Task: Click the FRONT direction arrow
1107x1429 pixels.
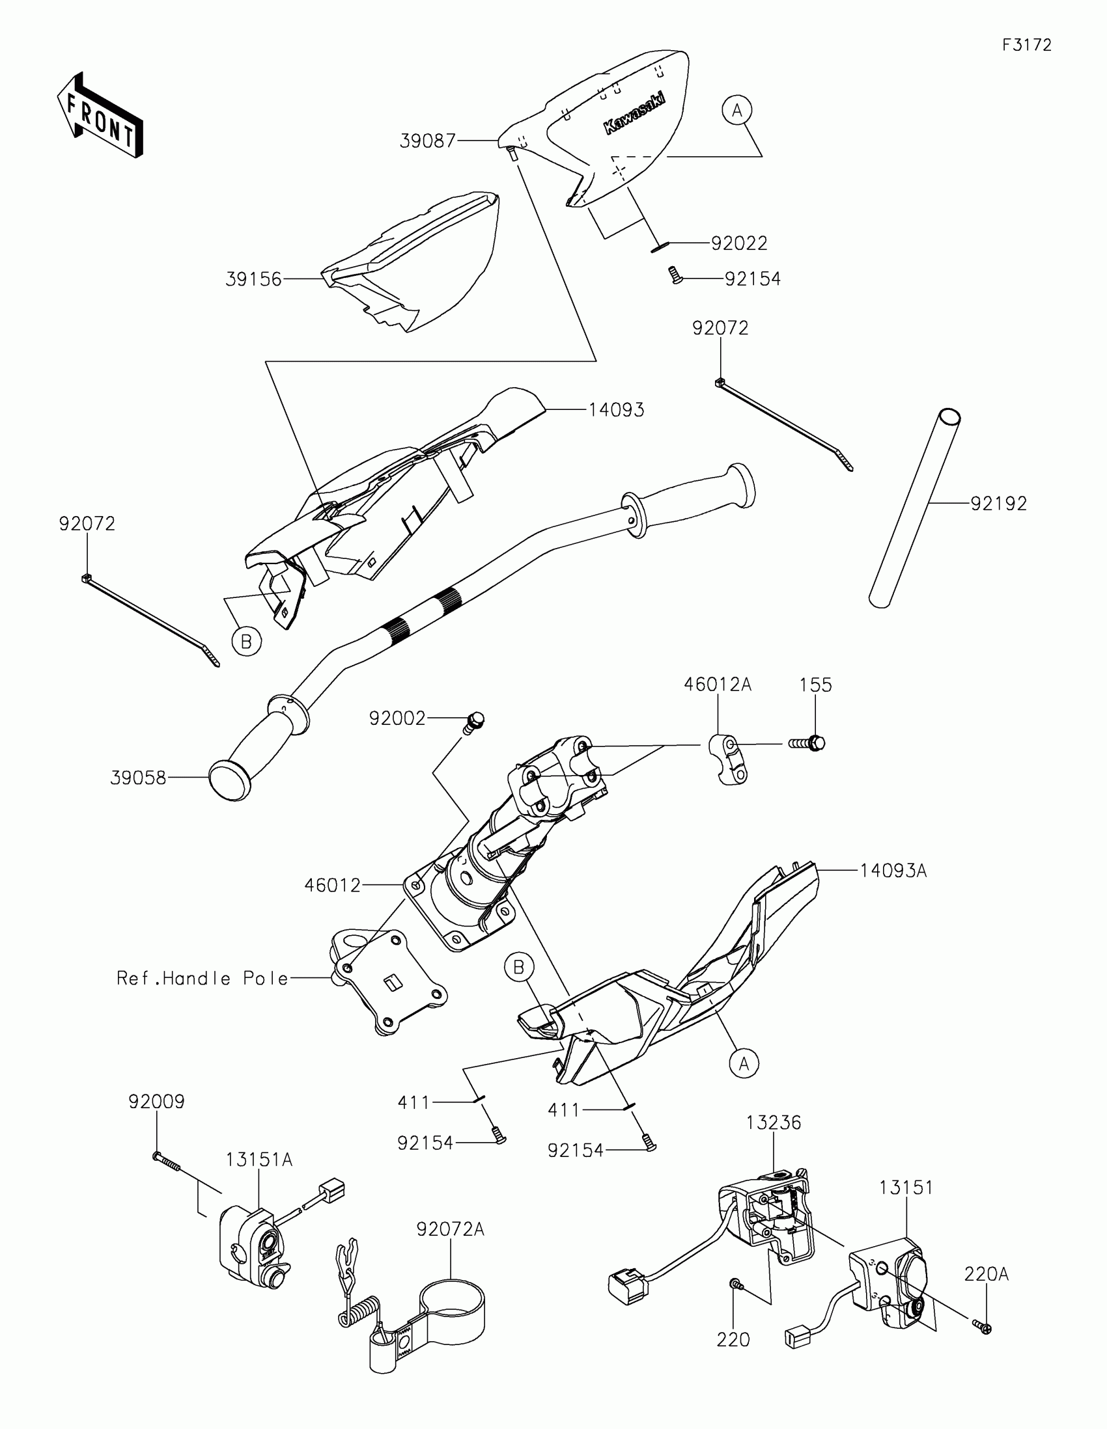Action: (100, 116)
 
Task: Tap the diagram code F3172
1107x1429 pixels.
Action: (1026, 45)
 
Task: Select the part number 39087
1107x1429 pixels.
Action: (427, 141)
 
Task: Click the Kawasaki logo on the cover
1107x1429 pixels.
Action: (633, 112)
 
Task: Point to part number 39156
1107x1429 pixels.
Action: (253, 279)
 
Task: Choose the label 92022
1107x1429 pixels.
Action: (739, 243)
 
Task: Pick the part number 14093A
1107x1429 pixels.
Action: (893, 871)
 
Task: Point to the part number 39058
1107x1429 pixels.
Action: (138, 778)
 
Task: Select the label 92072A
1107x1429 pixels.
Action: (451, 1229)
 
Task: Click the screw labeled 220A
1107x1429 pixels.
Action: (983, 1340)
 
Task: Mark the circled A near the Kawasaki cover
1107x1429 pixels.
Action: (737, 111)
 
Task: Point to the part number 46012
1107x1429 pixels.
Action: (333, 885)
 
